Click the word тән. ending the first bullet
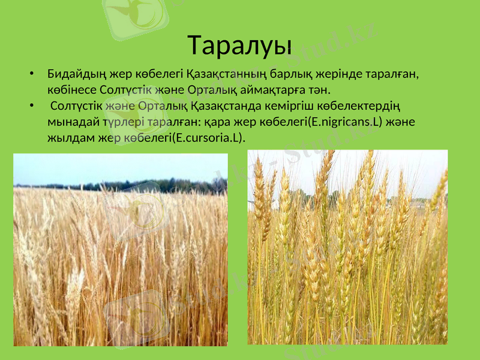coord(320,91)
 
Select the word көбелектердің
coord(353,107)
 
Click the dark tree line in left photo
coord(150,185)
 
